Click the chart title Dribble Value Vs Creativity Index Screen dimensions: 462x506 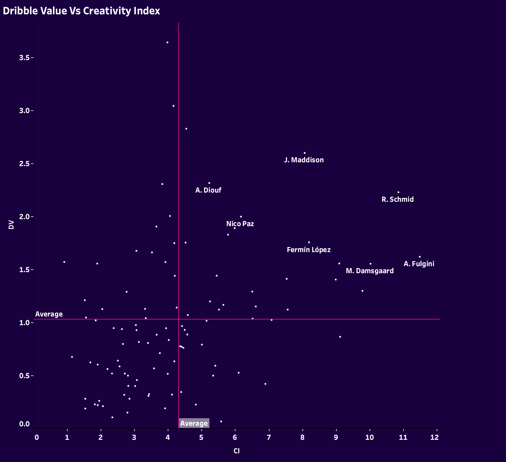pyautogui.click(x=81, y=11)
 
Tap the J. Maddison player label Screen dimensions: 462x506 pyautogui.click(x=304, y=160)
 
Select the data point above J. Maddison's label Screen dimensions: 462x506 pyautogui.click(x=305, y=153)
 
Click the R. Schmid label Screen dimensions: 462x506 pyautogui.click(x=397, y=199)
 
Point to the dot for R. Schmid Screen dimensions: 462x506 pyautogui.click(x=398, y=192)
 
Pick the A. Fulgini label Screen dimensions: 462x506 pyautogui.click(x=419, y=264)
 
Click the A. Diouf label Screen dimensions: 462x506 pyautogui.click(x=208, y=190)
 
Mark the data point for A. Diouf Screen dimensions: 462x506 pyautogui.click(x=209, y=183)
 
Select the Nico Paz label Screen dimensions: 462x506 pyautogui.click(x=240, y=224)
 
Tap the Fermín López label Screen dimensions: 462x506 pyautogui.click(x=309, y=250)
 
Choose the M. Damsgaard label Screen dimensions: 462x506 pyautogui.click(x=370, y=271)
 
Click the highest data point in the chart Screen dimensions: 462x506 pyautogui.click(x=167, y=42)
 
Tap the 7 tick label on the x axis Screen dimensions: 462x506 pyautogui.click(x=269, y=437)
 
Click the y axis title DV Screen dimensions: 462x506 pyautogui.click(x=11, y=225)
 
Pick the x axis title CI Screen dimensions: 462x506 pyautogui.click(x=236, y=451)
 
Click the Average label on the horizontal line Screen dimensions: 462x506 pyautogui.click(x=49, y=314)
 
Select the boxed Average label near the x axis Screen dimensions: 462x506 pyautogui.click(x=194, y=423)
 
